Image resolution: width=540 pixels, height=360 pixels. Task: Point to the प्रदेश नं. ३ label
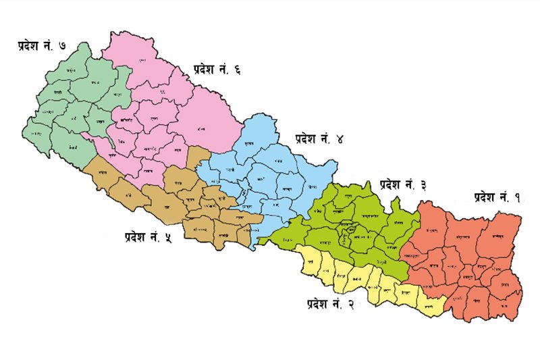click(404, 184)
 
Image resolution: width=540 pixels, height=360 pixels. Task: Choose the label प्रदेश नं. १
click(497, 197)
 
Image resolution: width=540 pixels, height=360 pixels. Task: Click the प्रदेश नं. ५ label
click(147, 236)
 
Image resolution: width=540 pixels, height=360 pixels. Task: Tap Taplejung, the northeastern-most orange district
click(503, 236)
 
